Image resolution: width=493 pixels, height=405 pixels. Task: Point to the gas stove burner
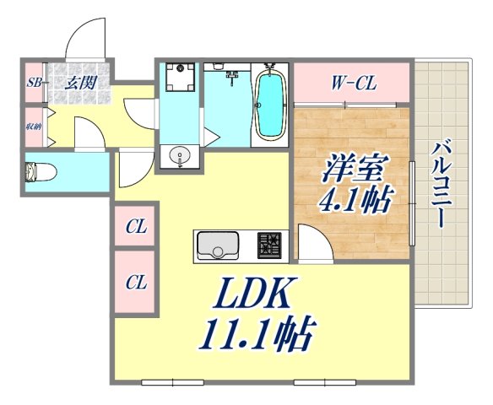pos(270,246)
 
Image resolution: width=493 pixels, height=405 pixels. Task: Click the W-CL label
pos(353,83)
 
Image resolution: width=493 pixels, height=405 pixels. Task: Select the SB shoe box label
pos(35,83)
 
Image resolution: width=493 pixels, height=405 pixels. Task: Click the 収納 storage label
pos(33,127)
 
